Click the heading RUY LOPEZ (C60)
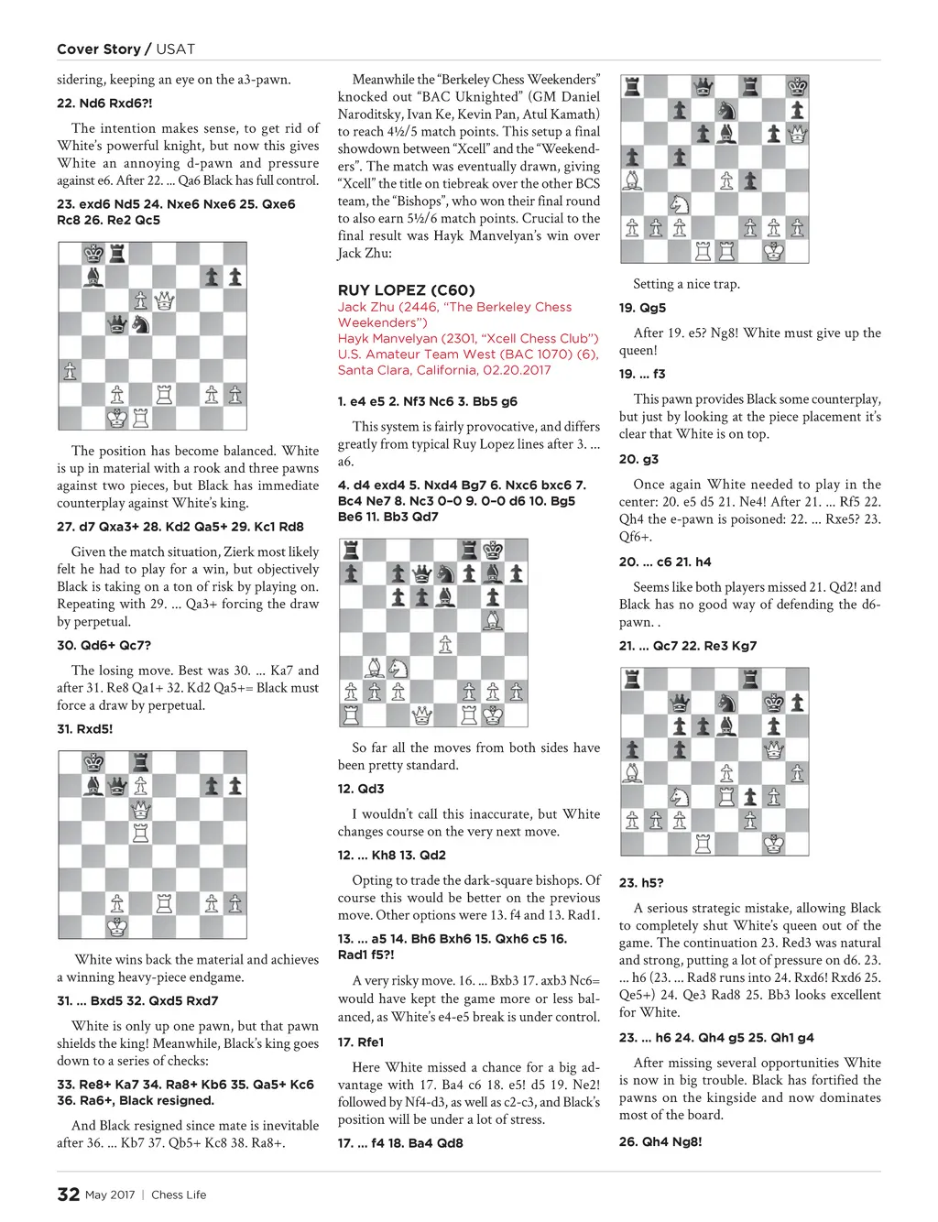click(x=406, y=290)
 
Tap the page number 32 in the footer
click(x=68, y=1194)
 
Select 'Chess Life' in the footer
click(x=179, y=1195)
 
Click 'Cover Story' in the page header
click(x=99, y=49)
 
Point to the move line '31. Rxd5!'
click(x=85, y=729)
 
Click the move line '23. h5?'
click(x=641, y=883)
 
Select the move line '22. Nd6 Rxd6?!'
click(x=104, y=104)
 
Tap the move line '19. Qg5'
click(x=642, y=308)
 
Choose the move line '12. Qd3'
click(x=361, y=789)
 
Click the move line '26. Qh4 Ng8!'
click(x=660, y=1141)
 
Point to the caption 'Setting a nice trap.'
click(x=686, y=284)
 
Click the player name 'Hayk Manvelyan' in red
click(x=383, y=338)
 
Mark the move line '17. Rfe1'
click(x=361, y=1042)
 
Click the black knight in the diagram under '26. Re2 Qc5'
click(x=140, y=323)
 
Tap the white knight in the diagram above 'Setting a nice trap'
click(x=679, y=204)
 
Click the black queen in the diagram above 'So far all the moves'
click(x=421, y=573)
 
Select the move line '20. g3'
click(x=638, y=459)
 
